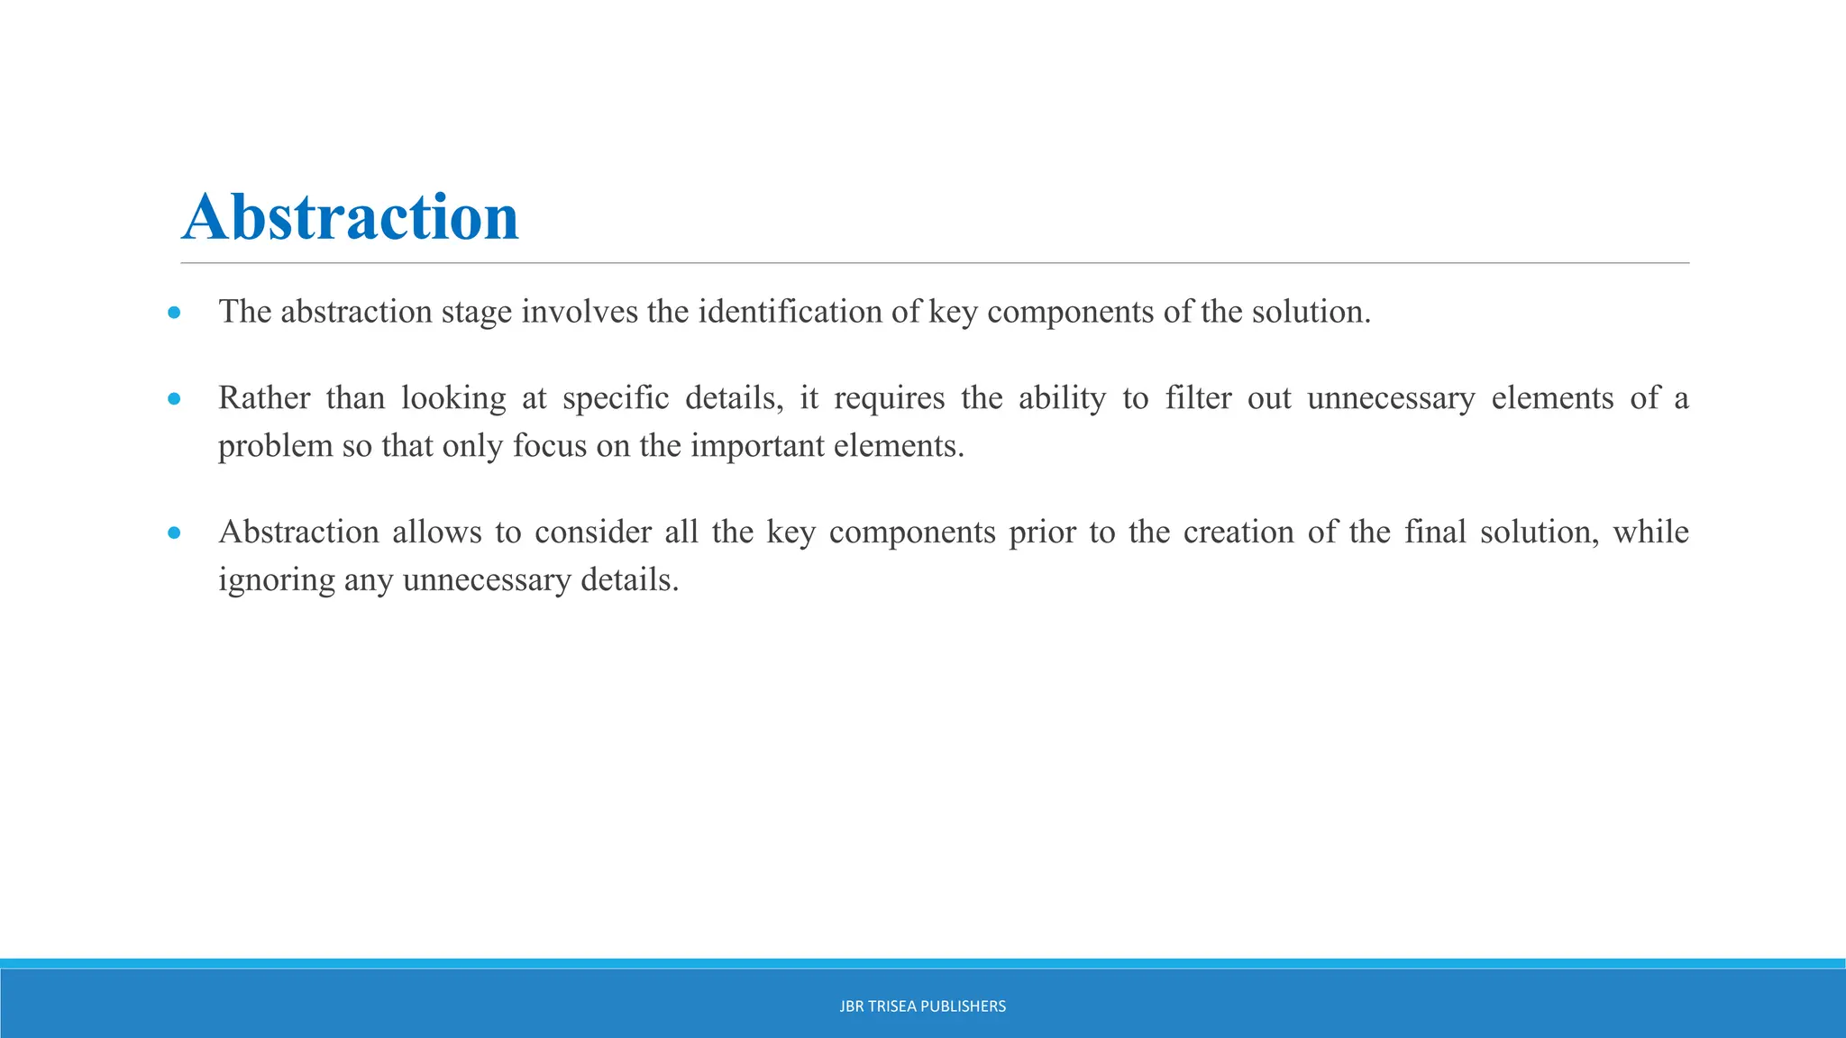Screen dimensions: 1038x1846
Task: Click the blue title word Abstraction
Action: [350, 217]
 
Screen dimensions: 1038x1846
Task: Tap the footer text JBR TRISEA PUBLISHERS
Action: [922, 1006]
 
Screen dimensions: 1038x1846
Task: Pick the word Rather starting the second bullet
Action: [264, 397]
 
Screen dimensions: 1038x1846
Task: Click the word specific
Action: [616, 398]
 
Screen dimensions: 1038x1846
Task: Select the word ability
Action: [1062, 398]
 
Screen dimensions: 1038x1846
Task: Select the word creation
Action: [1238, 532]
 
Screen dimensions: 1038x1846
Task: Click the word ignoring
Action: [277, 580]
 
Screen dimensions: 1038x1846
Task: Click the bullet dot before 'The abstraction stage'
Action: [174, 314]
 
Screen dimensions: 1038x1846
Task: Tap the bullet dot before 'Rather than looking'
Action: [174, 399]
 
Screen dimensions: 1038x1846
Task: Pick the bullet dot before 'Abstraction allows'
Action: [174, 533]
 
